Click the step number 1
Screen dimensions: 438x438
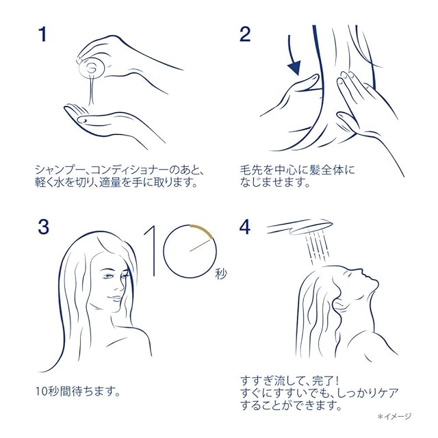pos(42,34)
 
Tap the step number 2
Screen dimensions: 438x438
pos(245,34)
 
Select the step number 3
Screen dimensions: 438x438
pos(44,227)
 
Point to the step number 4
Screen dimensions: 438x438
pos(245,227)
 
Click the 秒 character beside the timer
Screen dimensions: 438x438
pos(220,274)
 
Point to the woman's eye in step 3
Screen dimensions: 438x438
pos(108,276)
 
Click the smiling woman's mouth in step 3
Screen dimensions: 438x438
pos(115,298)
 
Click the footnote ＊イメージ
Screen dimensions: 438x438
pos(394,417)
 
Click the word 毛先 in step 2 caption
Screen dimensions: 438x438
pos(251,170)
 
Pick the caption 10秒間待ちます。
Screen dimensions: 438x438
pos(78,391)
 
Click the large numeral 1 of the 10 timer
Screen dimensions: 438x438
pos(151,250)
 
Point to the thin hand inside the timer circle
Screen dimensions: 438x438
pos(200,245)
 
